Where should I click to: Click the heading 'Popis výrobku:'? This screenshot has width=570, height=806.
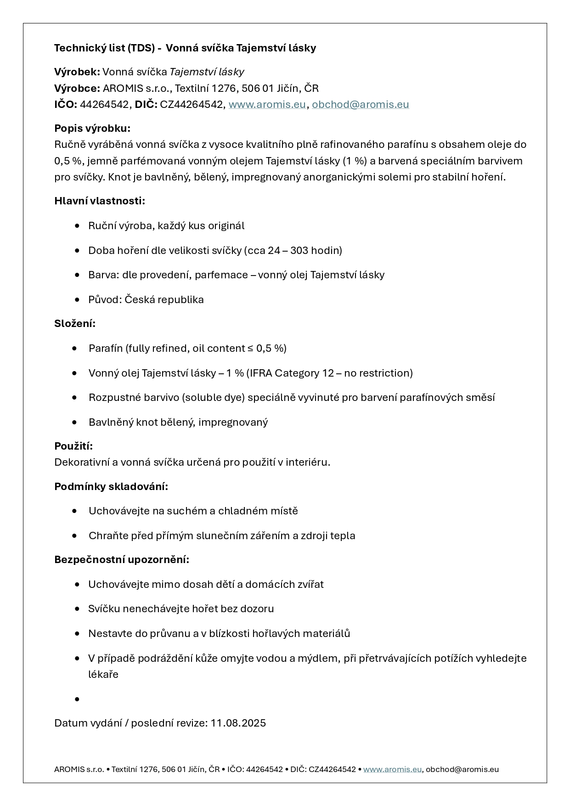[92, 128]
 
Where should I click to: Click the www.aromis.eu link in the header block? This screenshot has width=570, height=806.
[267, 104]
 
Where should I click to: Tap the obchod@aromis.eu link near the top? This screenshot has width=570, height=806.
[360, 104]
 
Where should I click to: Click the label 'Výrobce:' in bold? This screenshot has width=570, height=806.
[77, 88]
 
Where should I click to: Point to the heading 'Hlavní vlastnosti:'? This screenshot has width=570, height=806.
[100, 201]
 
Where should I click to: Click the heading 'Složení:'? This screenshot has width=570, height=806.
[75, 323]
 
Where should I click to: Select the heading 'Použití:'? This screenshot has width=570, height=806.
[73, 446]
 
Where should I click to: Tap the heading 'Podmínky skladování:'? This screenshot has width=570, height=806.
[111, 486]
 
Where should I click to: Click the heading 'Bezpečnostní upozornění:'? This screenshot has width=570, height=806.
[122, 559]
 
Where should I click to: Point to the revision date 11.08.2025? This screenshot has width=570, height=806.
[238, 723]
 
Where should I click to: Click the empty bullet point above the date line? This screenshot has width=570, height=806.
[77, 699]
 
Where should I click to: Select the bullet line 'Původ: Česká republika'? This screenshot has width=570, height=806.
[146, 299]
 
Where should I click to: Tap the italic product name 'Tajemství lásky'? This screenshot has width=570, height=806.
[207, 72]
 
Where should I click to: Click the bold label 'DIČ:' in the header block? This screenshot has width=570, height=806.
[146, 104]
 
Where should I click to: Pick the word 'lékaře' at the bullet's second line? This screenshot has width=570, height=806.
[103, 674]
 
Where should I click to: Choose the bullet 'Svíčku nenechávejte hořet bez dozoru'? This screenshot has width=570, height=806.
[181, 609]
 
